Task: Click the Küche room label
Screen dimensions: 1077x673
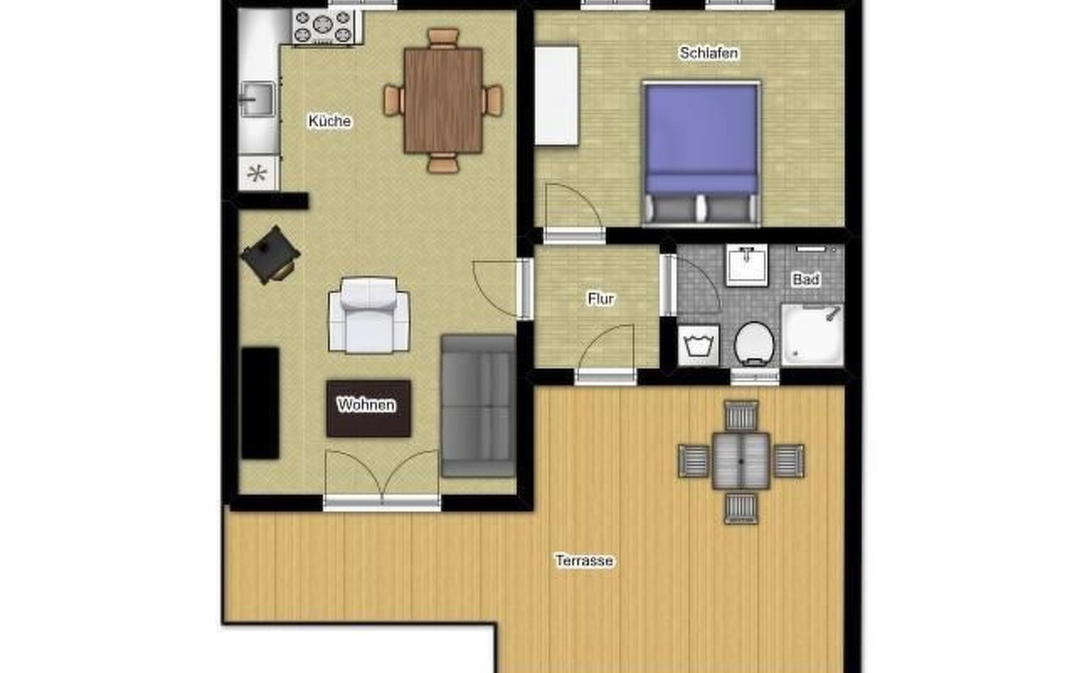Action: (330, 121)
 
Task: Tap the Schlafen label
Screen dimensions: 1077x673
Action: (708, 53)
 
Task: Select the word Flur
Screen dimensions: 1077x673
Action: (601, 299)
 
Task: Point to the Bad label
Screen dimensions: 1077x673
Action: (806, 279)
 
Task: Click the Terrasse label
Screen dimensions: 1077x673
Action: (584, 561)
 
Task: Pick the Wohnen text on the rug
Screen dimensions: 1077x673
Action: (366, 405)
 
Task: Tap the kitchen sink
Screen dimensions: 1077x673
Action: (257, 100)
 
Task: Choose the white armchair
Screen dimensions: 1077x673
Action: (369, 316)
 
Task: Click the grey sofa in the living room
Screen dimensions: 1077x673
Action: (478, 406)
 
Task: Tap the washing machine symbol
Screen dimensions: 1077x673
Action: (699, 345)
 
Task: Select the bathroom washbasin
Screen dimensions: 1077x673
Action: (747, 265)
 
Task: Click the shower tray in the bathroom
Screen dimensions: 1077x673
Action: (813, 335)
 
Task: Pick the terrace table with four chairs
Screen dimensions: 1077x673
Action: (741, 462)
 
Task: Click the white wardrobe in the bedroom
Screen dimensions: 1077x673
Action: (556, 96)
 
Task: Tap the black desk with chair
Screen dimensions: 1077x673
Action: (270, 255)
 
